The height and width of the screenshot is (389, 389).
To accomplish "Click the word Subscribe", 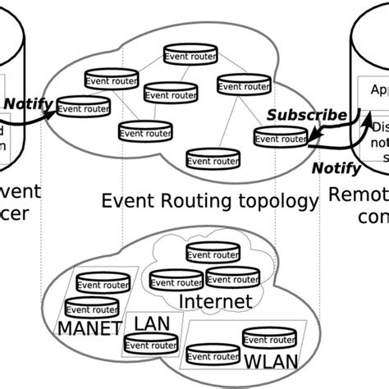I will pyautogui.click(x=309, y=115).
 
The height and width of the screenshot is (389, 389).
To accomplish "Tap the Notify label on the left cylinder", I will pyautogui.click(x=29, y=104).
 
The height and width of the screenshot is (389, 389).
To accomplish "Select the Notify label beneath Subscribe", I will pyautogui.click(x=337, y=168).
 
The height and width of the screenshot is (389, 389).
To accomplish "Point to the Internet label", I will pyautogui.click(x=215, y=302).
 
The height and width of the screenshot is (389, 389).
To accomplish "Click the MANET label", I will pyautogui.click(x=89, y=328).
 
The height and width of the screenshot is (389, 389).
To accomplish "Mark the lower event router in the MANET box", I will pyautogui.click(x=91, y=309).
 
